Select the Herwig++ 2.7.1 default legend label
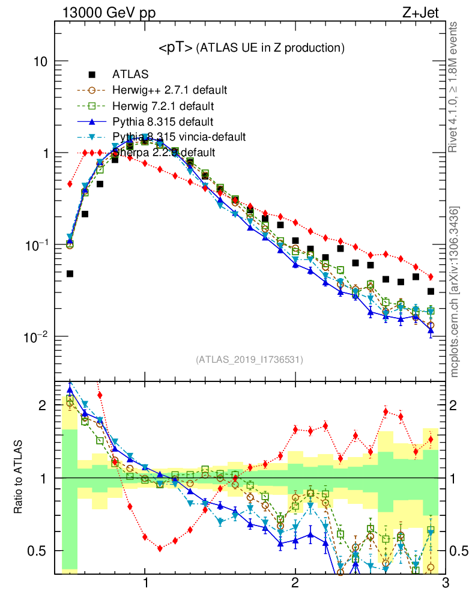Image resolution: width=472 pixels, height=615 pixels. (x=169, y=91)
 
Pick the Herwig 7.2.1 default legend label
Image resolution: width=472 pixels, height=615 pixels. (x=163, y=106)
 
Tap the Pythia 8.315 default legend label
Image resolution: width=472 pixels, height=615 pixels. (x=163, y=122)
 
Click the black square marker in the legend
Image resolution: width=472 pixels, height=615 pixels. (x=92, y=75)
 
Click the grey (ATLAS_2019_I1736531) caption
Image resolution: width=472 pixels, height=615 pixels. (x=249, y=360)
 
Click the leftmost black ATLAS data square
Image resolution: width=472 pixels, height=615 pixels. (x=70, y=274)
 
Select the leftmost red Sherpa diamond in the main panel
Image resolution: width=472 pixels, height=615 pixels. (x=70, y=184)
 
